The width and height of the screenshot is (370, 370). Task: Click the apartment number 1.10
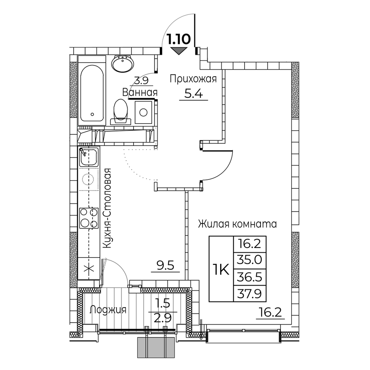178,39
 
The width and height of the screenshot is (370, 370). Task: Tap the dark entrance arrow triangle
179,51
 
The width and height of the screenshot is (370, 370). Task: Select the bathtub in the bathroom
92,91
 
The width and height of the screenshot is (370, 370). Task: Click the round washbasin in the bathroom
123,64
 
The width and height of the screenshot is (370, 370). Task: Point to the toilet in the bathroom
120,112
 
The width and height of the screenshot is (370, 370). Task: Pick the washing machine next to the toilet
144,112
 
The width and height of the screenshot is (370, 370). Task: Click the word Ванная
140,92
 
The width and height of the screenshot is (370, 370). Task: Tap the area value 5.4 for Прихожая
194,94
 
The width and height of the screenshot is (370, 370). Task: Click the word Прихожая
193,79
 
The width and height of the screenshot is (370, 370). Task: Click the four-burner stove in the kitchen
89,218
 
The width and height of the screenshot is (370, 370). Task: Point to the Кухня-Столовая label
107,208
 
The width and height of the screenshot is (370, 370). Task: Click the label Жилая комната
237,224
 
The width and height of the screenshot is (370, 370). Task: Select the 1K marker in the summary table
221,269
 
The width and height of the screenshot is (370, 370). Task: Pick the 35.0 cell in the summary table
250,260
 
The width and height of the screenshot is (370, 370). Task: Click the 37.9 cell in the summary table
250,293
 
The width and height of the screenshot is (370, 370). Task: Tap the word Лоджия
108,310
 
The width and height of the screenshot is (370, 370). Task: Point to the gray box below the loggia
156,347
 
